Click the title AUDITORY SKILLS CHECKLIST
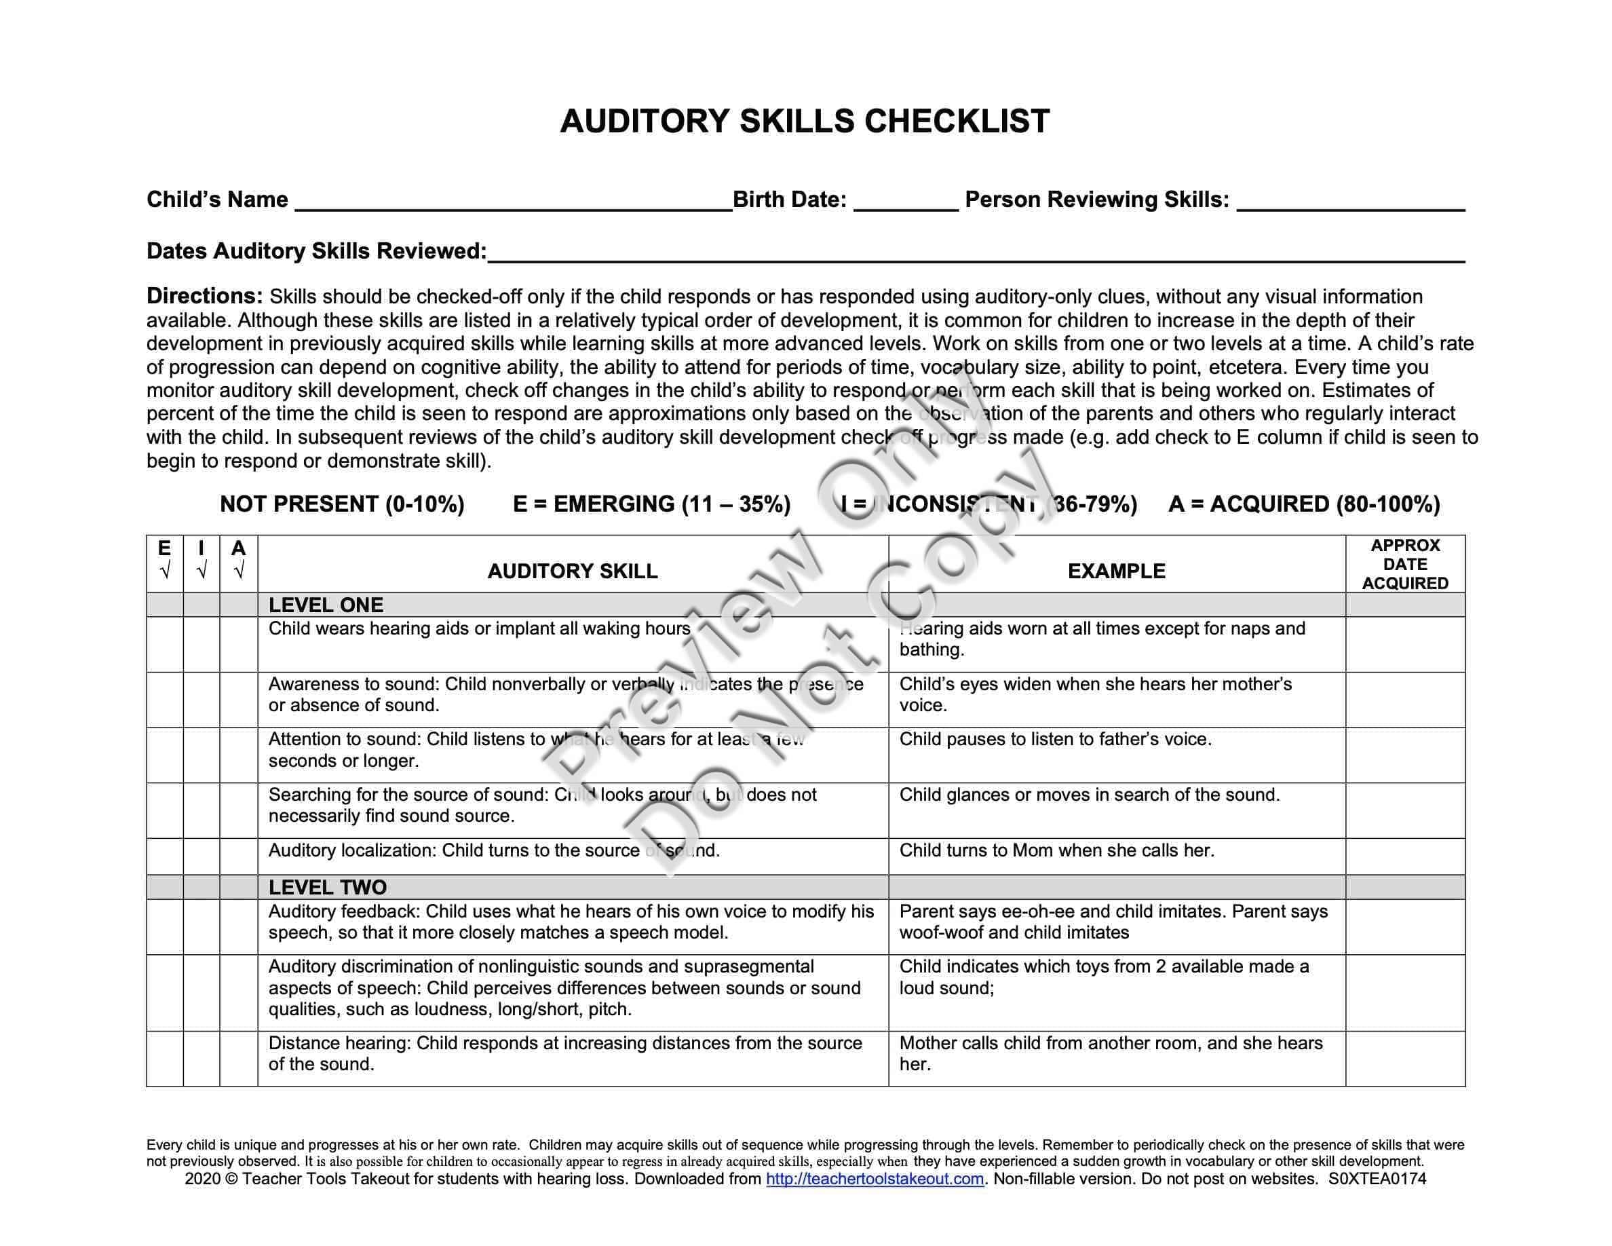click(805, 121)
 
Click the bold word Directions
click(204, 296)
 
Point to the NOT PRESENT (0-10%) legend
click(342, 504)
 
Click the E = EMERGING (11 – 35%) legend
click(652, 504)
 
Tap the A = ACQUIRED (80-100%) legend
click(1304, 504)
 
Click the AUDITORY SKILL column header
click(572, 571)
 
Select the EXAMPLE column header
click(1117, 571)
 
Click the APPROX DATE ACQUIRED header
click(1405, 564)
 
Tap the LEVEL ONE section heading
click(326, 605)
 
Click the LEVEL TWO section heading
click(327, 887)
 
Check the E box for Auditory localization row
click(165, 856)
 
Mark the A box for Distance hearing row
click(238, 1059)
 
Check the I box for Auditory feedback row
click(201, 926)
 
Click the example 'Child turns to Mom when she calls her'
click(1056, 850)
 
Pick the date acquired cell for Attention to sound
click(1405, 755)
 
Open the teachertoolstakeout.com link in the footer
click(875, 1179)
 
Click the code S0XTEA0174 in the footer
click(1377, 1179)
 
